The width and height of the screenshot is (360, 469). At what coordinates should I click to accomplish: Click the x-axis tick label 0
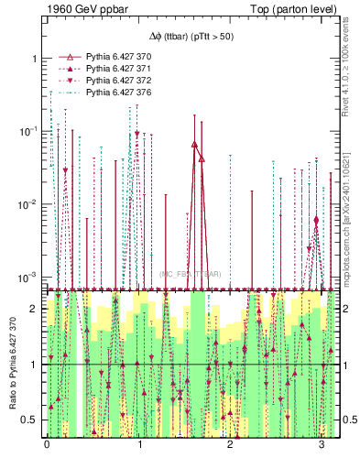(48, 445)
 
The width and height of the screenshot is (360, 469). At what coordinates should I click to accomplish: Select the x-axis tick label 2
(230, 445)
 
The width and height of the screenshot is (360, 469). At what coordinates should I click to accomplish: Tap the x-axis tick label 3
(322, 445)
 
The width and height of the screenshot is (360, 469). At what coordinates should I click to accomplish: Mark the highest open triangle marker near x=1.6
(194, 145)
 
